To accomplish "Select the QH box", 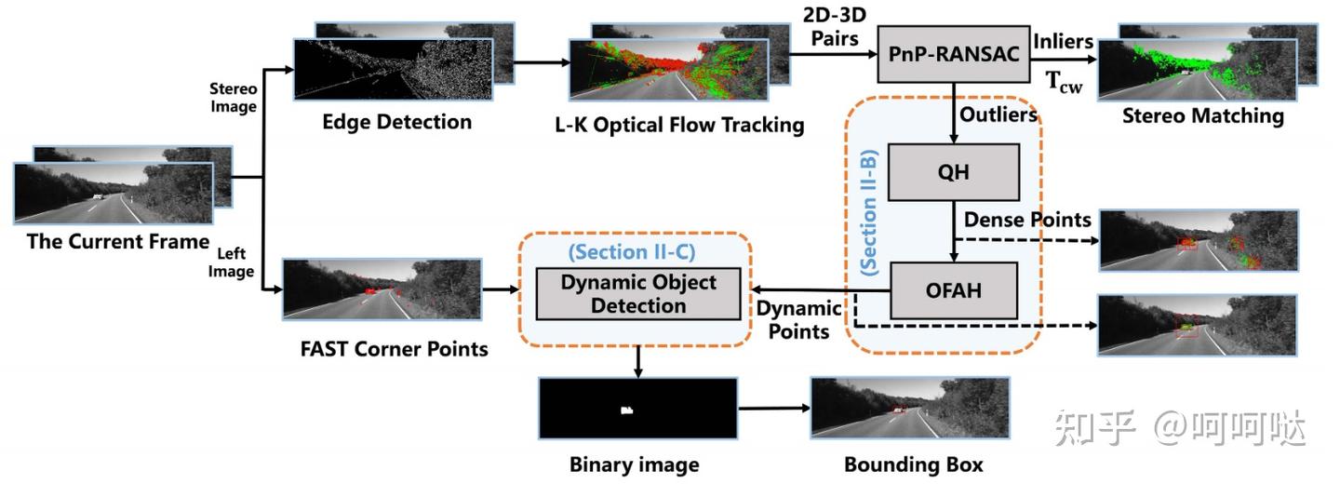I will pos(953,172).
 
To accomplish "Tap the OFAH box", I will pos(954,290).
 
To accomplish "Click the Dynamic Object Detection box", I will pos(638,294).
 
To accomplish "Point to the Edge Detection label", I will pos(397,122).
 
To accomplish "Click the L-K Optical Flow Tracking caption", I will pos(687,125).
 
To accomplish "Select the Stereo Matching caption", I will pos(1203,116).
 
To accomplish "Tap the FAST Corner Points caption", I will pos(395,349).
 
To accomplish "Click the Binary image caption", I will pos(634,464).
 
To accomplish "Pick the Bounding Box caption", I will pos(913,464).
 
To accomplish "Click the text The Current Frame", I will pos(118,242).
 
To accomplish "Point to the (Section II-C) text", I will pos(632,252).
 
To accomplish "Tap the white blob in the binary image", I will pos(627,410).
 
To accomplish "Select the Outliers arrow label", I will pos(998,114).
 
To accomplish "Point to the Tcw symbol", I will pos(1065,81).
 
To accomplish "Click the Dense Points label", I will pos(1027,220).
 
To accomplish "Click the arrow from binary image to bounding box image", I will pos(772,409).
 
